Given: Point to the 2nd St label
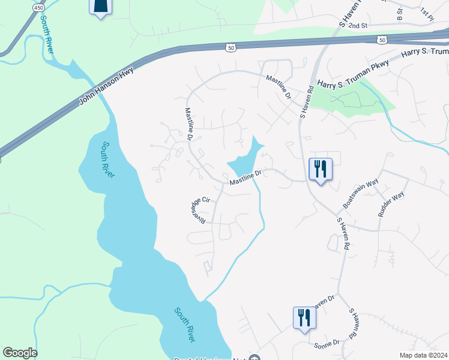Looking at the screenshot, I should [x=357, y=26].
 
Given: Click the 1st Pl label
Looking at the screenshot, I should [x=426, y=12].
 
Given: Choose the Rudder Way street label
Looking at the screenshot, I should [x=391, y=204].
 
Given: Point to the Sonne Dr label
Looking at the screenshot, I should [x=327, y=343].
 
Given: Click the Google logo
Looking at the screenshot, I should [x=20, y=353].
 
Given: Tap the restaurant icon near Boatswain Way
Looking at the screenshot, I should [x=320, y=169].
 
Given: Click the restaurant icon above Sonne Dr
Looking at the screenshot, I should [x=304, y=317].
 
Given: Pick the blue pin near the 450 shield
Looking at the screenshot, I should [x=100, y=6].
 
